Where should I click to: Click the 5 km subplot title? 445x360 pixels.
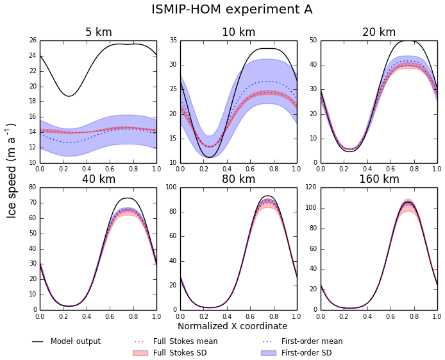98,32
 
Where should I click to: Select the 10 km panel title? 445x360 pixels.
239,32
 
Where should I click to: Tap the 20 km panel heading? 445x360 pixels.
379,32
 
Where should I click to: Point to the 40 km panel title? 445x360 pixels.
98,179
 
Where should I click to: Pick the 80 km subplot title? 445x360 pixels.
239,179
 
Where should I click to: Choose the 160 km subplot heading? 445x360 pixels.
379,179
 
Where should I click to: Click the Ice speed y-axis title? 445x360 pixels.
12,171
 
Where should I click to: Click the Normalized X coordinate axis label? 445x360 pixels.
232,326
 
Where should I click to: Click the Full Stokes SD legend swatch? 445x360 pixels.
140,353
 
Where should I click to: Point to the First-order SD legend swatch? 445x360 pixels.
268,353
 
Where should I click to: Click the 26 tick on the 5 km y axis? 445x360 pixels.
33,40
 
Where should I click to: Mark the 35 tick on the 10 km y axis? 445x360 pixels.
173,40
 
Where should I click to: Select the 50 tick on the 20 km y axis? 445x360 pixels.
314,40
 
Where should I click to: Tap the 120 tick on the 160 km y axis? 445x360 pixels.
312,188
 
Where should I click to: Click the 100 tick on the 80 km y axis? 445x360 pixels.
171,188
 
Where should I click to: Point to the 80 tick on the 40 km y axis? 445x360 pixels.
33,188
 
